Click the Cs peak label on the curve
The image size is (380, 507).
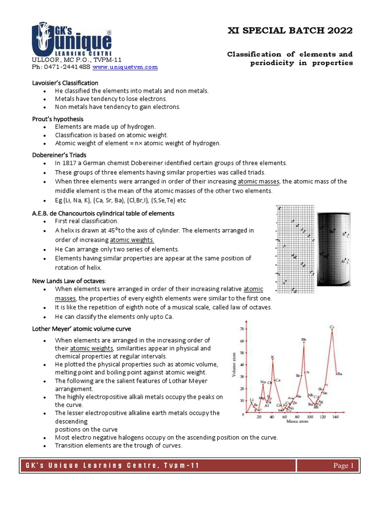click(x=332, y=327)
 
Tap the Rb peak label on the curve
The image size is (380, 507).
click(x=303, y=339)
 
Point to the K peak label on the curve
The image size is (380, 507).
click(x=272, y=357)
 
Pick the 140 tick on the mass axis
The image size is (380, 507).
click(x=335, y=417)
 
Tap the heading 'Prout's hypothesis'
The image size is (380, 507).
click(x=57, y=119)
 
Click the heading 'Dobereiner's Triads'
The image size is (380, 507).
click(x=59, y=155)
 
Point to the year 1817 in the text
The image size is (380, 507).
click(x=69, y=163)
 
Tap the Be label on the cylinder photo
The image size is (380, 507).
click(x=331, y=231)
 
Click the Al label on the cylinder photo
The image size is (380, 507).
click(x=342, y=261)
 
